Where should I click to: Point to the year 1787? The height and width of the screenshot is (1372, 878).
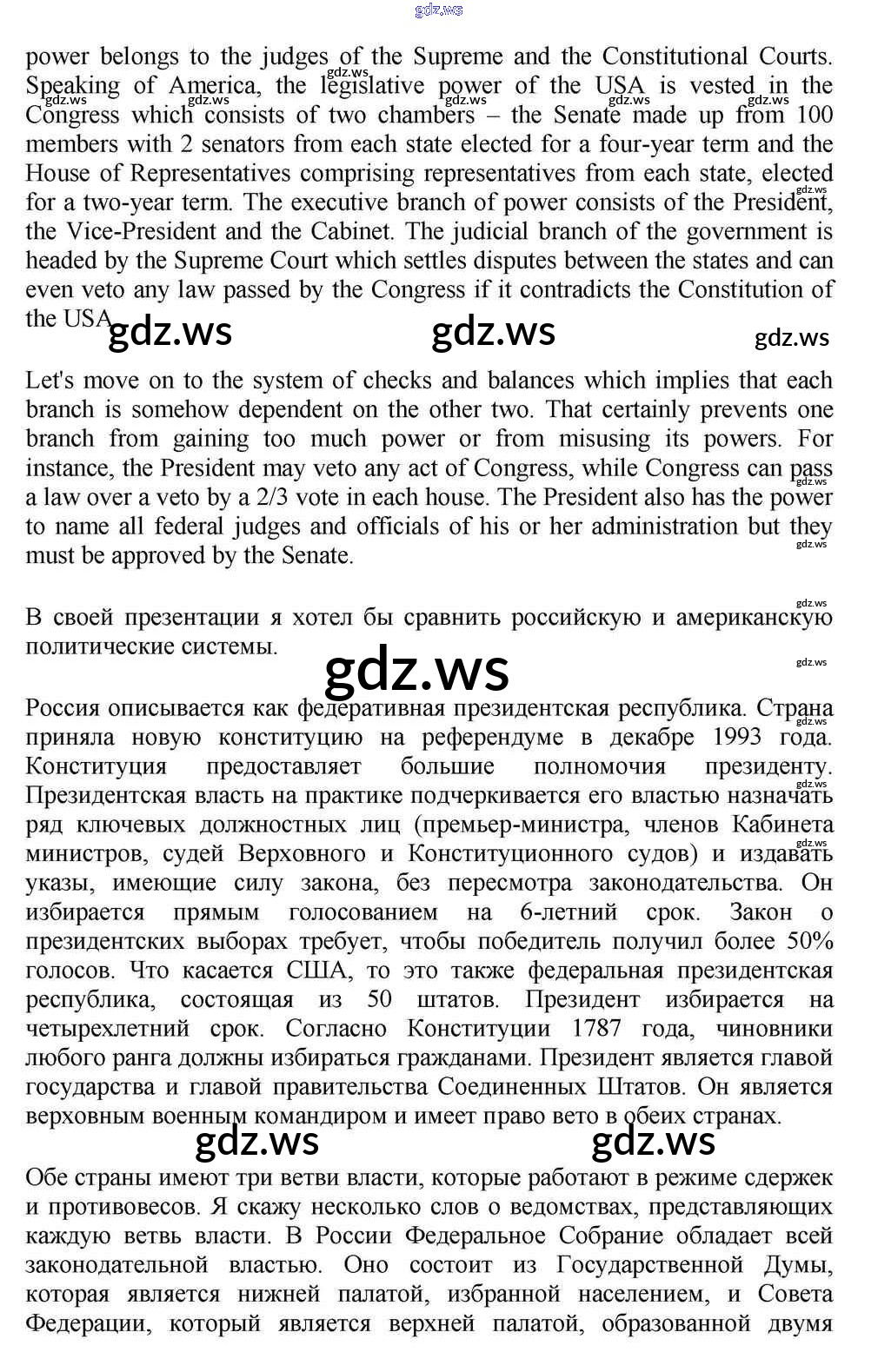(x=596, y=1029)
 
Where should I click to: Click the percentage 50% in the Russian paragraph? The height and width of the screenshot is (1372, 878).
(x=810, y=941)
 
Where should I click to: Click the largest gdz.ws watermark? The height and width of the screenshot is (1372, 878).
(x=416, y=669)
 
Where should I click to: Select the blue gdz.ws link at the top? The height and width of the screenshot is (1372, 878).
(x=439, y=10)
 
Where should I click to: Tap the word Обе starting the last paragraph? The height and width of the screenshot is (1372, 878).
(x=48, y=1178)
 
